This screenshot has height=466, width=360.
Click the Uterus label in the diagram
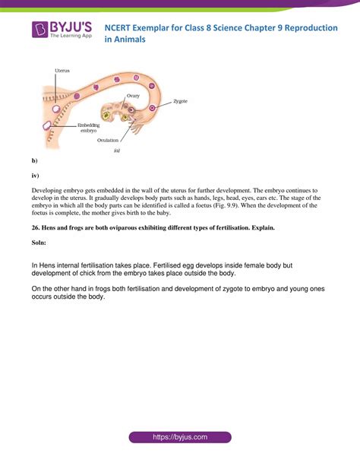coord(62,70)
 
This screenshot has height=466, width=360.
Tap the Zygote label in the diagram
coord(181,100)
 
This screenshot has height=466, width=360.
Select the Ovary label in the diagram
coord(133,95)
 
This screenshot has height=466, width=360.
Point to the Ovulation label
coord(108,140)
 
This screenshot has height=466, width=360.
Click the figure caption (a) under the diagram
coord(117,151)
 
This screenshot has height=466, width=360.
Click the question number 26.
coord(36,227)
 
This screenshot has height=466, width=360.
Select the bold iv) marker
coord(35,174)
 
